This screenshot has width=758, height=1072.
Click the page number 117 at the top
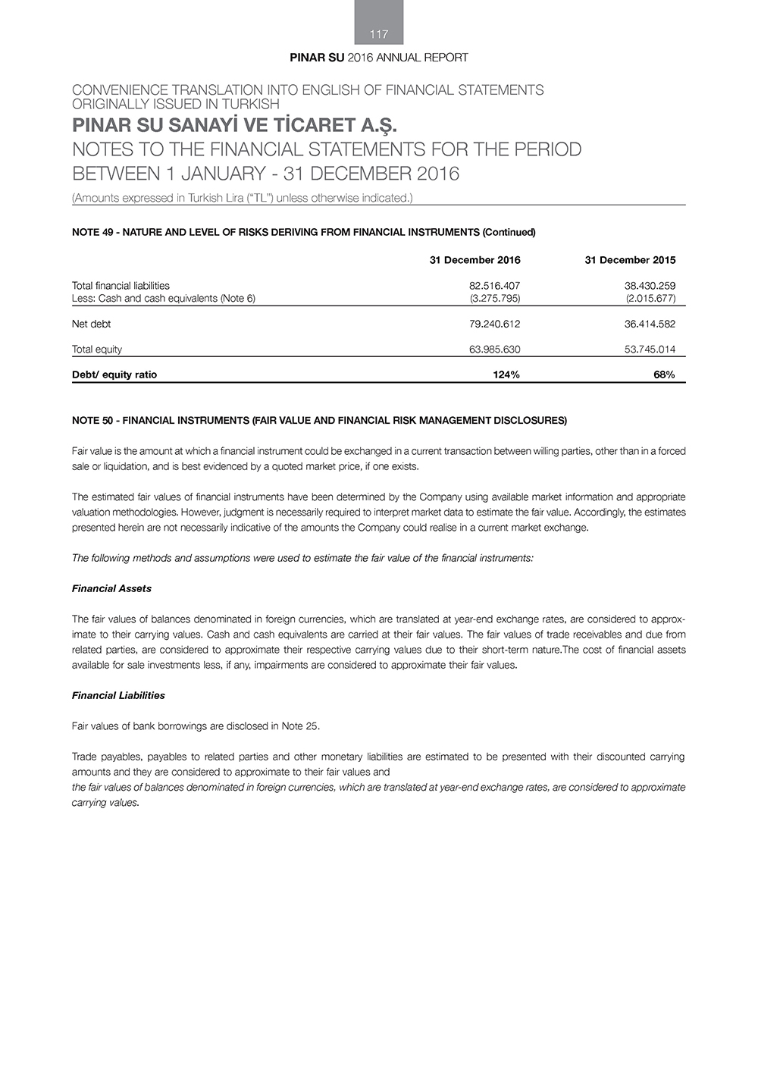379,34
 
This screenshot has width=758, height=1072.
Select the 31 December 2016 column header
475,260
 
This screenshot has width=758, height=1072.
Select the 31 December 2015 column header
630,260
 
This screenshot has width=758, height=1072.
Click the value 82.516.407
495,286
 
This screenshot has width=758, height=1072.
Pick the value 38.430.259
650,286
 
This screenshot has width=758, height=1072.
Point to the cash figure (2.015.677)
650,298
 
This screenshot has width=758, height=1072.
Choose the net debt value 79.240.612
495,324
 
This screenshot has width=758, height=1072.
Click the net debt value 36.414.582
650,324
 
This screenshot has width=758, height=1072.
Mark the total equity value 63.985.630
495,349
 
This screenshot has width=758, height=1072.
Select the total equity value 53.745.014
650,349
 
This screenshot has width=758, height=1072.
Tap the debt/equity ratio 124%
506,375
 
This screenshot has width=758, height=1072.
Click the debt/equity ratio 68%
664,375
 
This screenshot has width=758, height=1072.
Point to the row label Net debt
91,324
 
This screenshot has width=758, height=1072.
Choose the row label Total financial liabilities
121,286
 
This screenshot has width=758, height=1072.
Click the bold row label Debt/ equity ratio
114,375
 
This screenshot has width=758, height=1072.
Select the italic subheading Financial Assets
111,588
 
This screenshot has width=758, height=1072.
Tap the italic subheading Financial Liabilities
118,695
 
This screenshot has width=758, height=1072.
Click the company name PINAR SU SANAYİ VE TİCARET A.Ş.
234,124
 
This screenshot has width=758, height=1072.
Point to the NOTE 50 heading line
319,420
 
